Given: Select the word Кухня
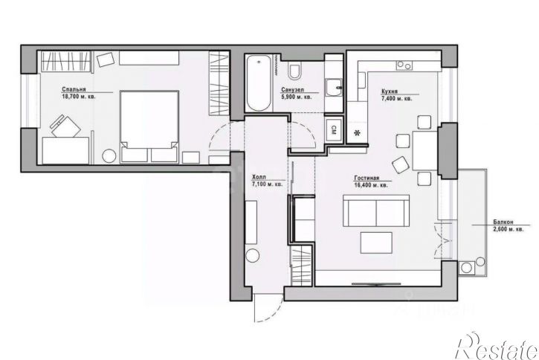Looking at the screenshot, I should pos(389,90).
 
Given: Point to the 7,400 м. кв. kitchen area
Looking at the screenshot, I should pos(396,97).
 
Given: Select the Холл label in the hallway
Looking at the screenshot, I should pos(259,176).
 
